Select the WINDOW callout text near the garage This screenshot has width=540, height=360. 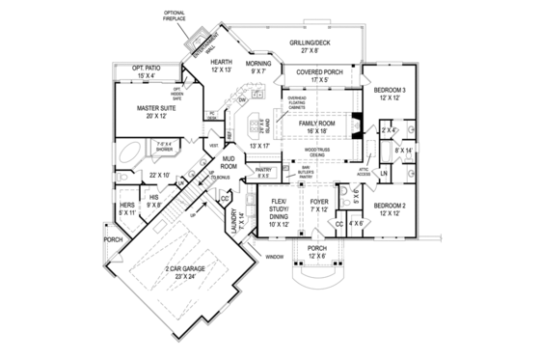275,257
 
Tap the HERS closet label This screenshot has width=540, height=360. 125,208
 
